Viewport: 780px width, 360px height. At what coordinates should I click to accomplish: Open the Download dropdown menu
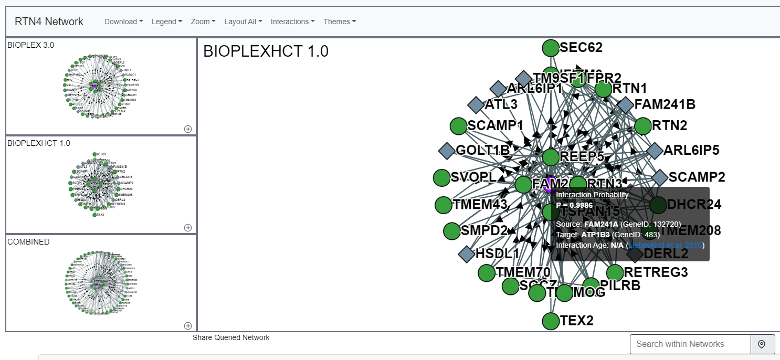[x=123, y=22]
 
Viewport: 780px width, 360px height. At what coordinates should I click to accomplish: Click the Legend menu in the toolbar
[x=167, y=22]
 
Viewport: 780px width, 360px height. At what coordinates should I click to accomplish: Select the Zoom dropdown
[x=203, y=22]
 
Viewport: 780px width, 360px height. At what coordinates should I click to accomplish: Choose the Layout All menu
[x=243, y=22]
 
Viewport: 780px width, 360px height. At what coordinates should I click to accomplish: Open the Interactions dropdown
[x=292, y=22]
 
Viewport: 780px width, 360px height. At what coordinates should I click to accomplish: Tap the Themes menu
[x=340, y=22]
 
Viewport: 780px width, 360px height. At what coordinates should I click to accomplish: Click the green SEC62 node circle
[x=551, y=48]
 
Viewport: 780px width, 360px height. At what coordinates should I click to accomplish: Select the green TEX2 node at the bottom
[x=551, y=321]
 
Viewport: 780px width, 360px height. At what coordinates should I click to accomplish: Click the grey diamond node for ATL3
[x=476, y=104]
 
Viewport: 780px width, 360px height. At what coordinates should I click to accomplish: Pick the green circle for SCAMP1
[x=459, y=126]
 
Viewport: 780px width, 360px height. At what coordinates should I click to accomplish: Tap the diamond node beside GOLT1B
[x=447, y=151]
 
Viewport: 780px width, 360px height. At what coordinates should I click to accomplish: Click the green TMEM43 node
[x=444, y=205]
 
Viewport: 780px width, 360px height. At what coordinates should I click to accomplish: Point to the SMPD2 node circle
[x=452, y=231]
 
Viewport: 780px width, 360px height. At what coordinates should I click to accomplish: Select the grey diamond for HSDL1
[x=467, y=255]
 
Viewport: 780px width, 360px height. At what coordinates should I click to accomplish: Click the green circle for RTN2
[x=643, y=126]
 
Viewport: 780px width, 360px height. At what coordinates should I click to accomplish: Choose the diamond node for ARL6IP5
[x=655, y=151]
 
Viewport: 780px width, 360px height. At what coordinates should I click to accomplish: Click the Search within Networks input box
[x=690, y=344]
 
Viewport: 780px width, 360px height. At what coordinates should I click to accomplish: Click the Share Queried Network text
[x=231, y=337]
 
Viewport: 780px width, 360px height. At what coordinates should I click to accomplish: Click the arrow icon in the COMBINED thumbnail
[x=188, y=325]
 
